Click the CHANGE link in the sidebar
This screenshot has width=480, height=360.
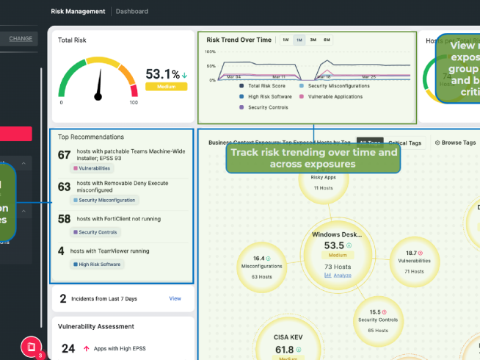point(21,38)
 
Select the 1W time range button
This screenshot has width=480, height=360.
point(286,40)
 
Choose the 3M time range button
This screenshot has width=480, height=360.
point(313,40)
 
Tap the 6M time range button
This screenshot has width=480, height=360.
point(327,40)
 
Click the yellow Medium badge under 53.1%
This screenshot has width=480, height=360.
point(166,86)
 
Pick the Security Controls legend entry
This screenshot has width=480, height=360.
point(265,107)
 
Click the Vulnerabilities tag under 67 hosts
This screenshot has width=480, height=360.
point(92,168)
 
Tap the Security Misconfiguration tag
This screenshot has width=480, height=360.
point(105,200)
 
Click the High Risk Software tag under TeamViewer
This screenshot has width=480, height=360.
point(98,264)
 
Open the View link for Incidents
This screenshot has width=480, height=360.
point(175,298)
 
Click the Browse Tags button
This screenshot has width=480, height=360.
point(455,143)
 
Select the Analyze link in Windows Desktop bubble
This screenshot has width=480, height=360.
point(338,276)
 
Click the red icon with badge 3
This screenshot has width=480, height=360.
point(30,345)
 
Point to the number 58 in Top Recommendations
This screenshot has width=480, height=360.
point(64,218)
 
